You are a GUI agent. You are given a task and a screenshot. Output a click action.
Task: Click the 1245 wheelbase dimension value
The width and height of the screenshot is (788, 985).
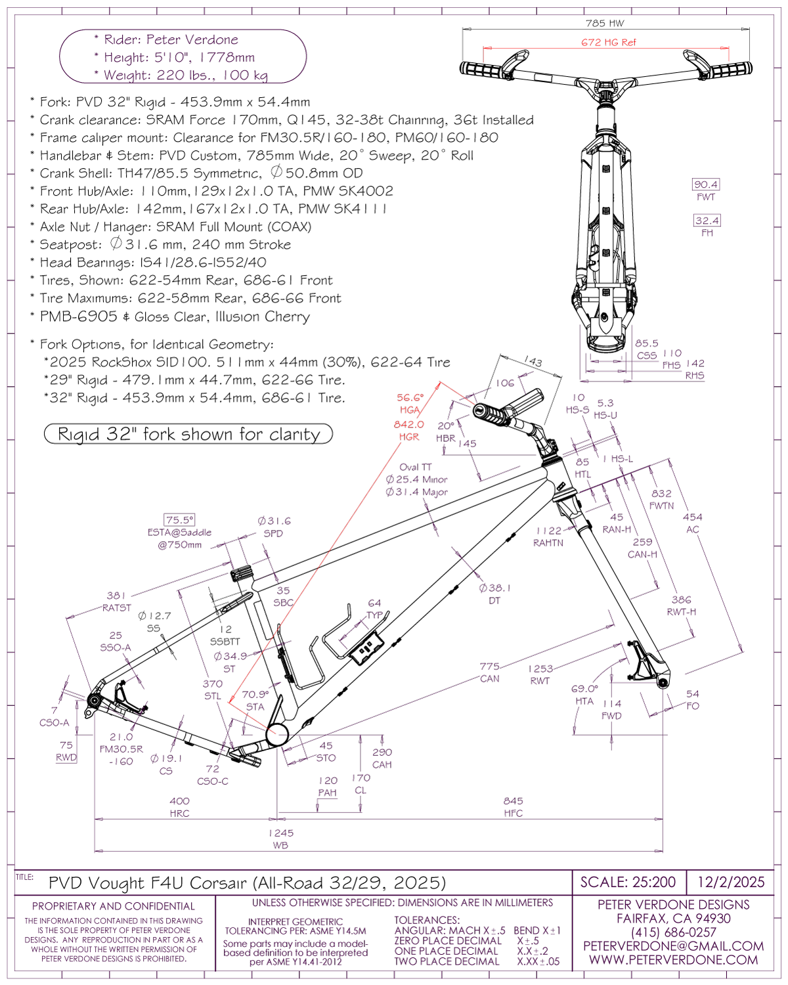click(281, 833)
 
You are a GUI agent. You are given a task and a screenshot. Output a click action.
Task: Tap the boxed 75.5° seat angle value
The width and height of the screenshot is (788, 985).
click(179, 520)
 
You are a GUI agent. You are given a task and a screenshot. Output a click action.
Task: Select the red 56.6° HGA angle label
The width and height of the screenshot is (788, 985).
click(410, 398)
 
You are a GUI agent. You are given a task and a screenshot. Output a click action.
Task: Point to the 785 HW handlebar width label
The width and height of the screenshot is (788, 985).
click(605, 24)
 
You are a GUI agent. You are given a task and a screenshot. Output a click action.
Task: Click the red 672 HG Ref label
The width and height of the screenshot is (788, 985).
click(608, 43)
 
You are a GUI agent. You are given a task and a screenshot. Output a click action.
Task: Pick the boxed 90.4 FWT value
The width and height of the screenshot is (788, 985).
click(706, 185)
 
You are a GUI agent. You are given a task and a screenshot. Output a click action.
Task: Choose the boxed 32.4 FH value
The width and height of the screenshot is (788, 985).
click(707, 221)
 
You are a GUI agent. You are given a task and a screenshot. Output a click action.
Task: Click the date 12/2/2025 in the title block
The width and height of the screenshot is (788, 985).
click(731, 882)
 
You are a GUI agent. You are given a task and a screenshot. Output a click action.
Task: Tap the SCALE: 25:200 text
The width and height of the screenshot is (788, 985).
click(628, 882)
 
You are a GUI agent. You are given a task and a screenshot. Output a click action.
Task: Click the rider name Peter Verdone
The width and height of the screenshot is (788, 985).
click(192, 40)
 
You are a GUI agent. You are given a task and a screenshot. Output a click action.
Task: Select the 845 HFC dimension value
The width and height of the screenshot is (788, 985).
click(514, 801)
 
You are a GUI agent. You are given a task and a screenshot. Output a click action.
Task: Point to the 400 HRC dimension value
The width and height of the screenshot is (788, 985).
click(179, 801)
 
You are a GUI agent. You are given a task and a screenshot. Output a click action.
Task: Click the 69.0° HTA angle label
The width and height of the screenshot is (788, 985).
click(584, 689)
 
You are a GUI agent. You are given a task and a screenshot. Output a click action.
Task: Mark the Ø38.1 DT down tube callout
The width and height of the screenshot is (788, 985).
click(494, 588)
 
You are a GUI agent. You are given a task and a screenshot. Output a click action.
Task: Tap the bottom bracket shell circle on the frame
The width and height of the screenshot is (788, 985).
click(277, 734)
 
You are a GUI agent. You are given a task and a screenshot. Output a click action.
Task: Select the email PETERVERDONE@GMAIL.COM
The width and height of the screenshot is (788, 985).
click(673, 946)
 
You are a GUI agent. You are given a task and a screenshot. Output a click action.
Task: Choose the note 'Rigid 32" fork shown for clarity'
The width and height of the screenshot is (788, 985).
click(188, 435)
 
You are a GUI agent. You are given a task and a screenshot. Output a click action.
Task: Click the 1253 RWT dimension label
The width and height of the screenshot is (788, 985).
click(540, 669)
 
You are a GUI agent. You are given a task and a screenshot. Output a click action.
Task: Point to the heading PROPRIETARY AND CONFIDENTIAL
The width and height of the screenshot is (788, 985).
click(114, 906)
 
